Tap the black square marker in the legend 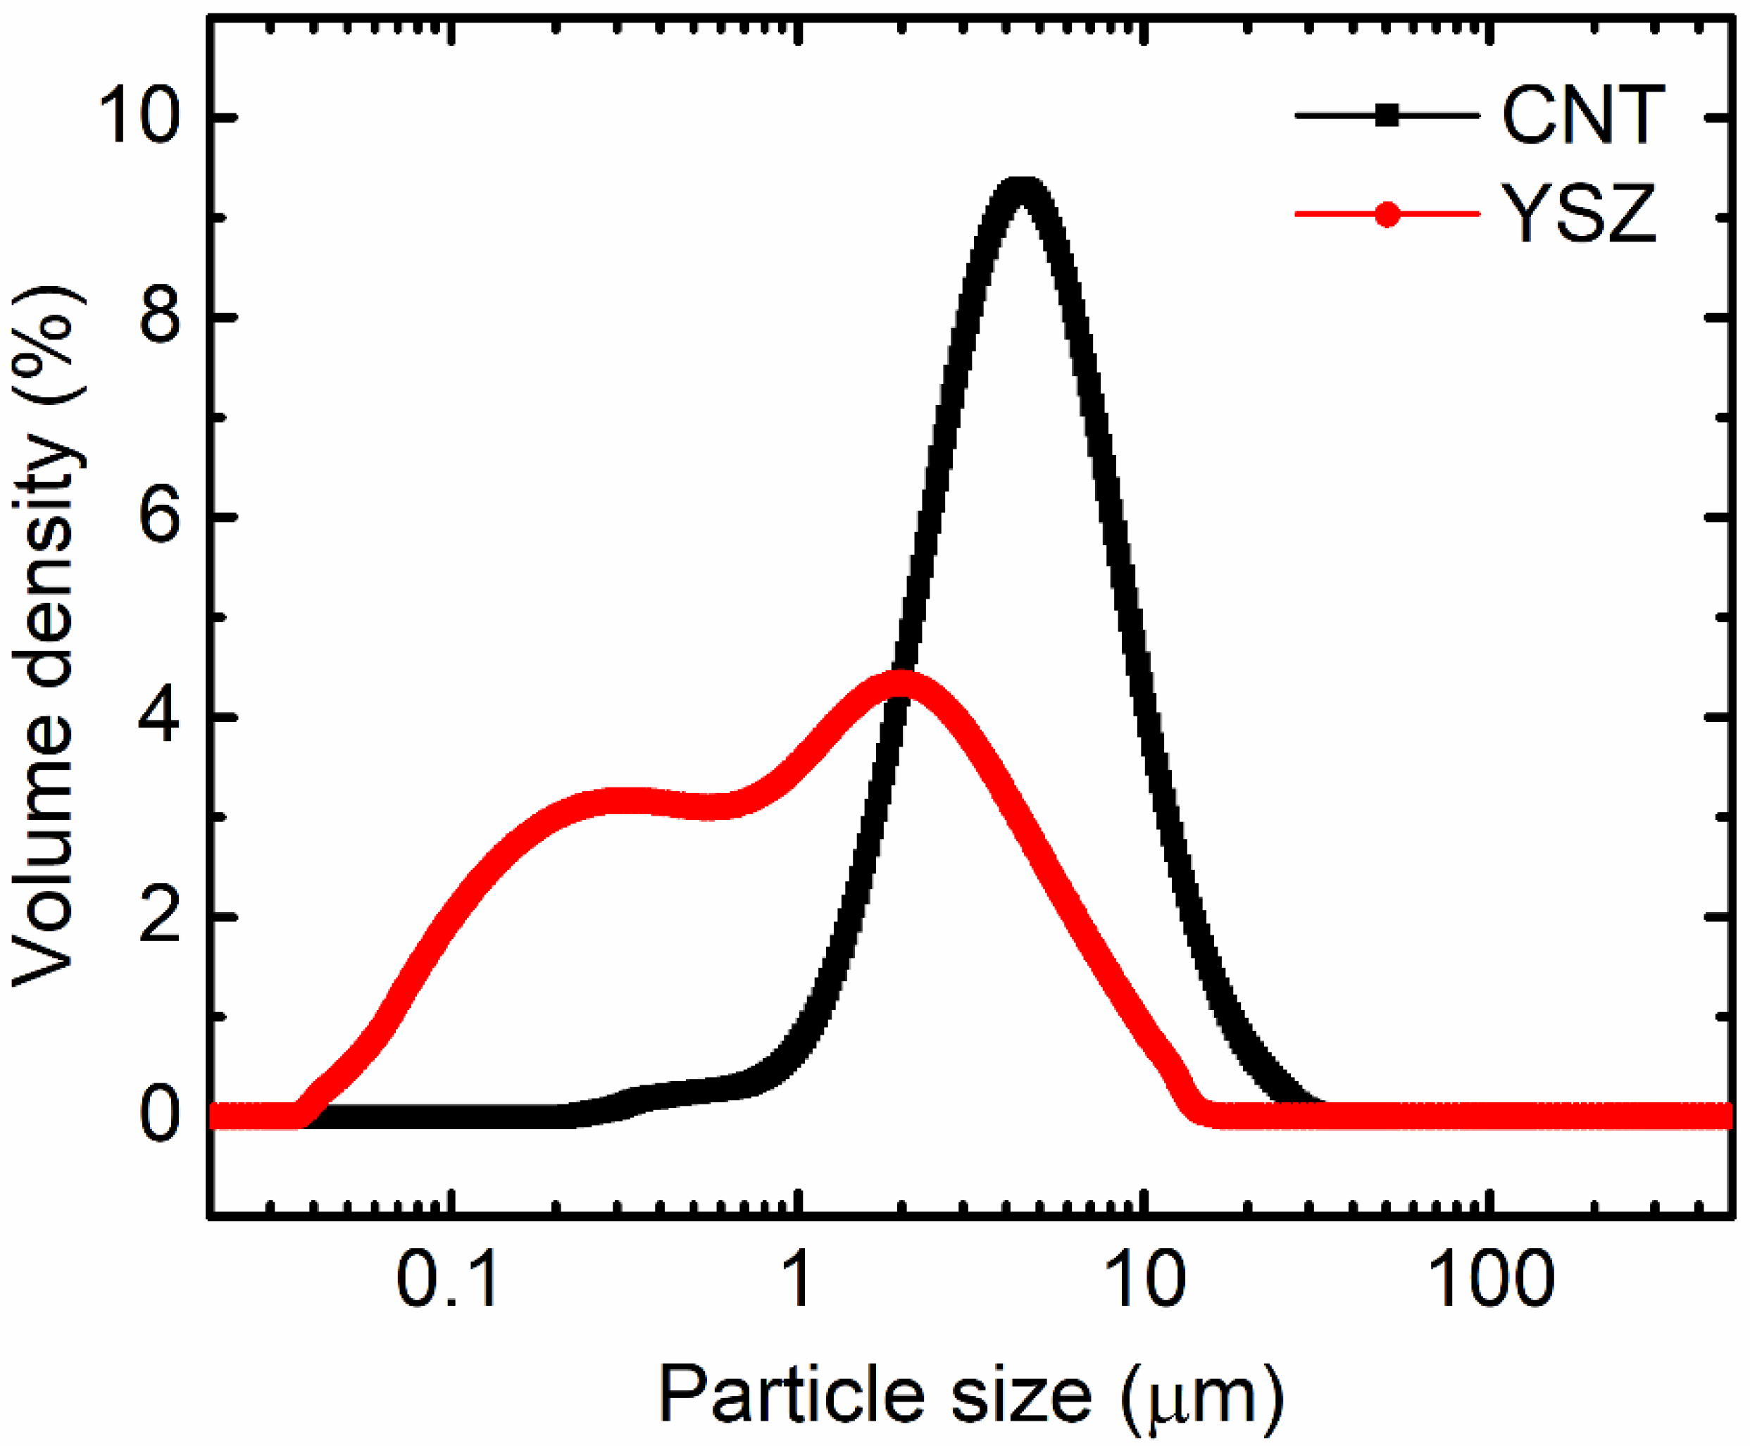[x=1387, y=117]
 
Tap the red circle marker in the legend [x=1387, y=215]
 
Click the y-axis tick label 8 [x=160, y=318]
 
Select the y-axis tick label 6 [x=160, y=516]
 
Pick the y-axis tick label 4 [x=160, y=716]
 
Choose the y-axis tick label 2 [x=160, y=916]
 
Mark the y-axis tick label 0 [x=160, y=1116]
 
